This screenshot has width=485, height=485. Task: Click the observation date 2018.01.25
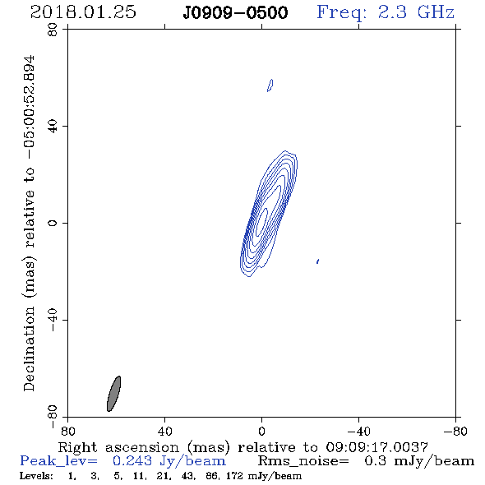[83, 12]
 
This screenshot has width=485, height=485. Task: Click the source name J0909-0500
[235, 12]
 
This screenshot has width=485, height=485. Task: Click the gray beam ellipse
[113, 394]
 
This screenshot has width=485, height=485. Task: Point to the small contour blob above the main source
[270, 85]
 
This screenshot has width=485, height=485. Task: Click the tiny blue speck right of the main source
[317, 261]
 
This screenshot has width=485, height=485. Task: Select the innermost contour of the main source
[263, 219]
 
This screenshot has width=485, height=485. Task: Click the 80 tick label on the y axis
[53, 30]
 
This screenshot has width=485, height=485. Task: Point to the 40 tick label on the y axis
[53, 127]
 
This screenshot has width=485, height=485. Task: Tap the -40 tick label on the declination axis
[53, 320]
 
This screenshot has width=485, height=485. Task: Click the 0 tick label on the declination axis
[53, 223]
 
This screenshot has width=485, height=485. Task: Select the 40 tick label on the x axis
[164, 432]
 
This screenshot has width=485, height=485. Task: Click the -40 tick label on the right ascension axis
[359, 432]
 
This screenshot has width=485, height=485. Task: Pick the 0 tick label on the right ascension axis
[261, 432]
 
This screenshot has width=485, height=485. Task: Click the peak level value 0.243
[132, 461]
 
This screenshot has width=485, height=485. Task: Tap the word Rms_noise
[303, 461]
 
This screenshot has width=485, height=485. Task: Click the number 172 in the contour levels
[234, 475]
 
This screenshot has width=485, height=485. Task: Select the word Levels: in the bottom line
[36, 475]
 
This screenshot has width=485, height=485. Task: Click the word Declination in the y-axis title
[29, 349]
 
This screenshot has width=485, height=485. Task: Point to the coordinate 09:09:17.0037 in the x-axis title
[376, 447]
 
